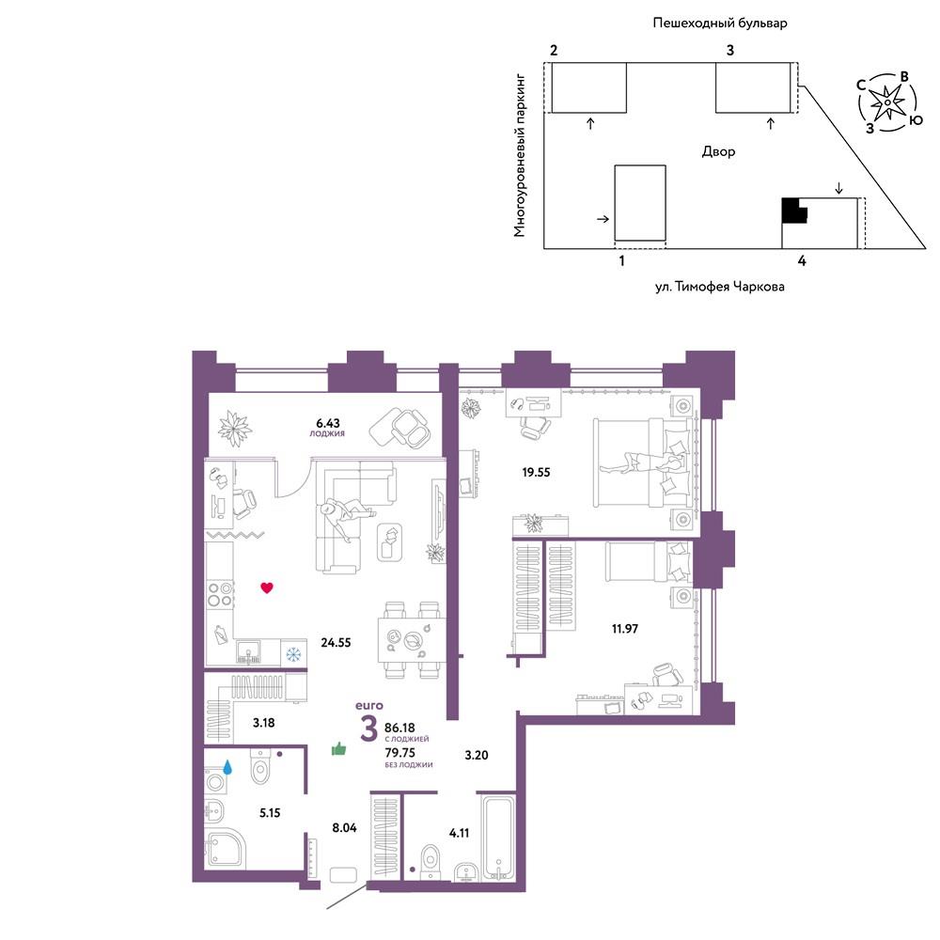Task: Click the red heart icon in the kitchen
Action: click(267, 587)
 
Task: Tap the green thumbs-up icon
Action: click(339, 749)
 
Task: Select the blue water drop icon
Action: click(227, 767)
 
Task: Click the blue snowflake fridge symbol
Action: click(293, 654)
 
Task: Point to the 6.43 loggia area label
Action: click(327, 423)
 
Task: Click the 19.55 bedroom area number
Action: click(536, 473)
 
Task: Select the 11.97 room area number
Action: click(625, 629)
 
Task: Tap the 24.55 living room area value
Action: click(336, 643)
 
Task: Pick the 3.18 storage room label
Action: click(264, 723)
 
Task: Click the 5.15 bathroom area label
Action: click(270, 813)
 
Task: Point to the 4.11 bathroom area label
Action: click(460, 833)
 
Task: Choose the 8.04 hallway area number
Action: click(344, 828)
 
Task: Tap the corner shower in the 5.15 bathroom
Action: click(225, 850)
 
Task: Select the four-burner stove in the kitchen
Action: click(220, 594)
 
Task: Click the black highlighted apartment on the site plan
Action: click(794, 211)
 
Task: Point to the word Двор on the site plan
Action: click(718, 151)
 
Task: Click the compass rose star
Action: click(887, 102)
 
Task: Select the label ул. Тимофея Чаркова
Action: click(719, 287)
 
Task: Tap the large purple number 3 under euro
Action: click(368, 728)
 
